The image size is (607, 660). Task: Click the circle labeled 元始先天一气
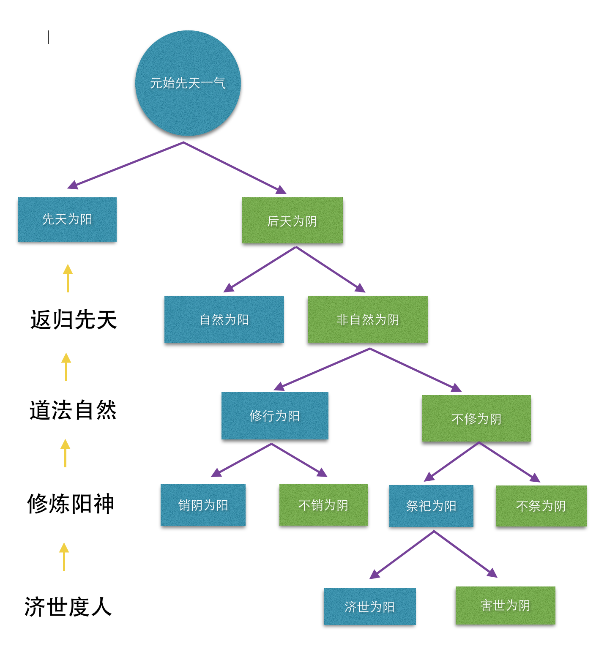(x=188, y=83)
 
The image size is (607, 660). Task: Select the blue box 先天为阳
(x=67, y=219)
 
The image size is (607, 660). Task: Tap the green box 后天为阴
(x=292, y=221)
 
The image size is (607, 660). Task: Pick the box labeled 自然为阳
(x=224, y=319)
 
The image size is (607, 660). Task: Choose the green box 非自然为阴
(x=368, y=319)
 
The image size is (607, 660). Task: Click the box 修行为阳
(x=275, y=416)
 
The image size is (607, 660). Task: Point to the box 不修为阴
(x=476, y=419)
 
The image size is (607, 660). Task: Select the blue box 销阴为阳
(x=203, y=505)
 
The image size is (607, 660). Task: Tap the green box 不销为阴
(x=323, y=505)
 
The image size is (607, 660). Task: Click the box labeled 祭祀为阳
(x=431, y=506)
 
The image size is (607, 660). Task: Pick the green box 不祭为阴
(x=541, y=506)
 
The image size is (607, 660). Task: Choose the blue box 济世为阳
(x=369, y=607)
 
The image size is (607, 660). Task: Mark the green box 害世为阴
(x=505, y=605)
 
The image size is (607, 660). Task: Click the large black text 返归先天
(x=74, y=319)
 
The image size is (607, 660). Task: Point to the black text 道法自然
(x=73, y=410)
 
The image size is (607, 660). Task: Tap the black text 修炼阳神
(x=71, y=504)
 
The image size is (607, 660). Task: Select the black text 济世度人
(x=68, y=607)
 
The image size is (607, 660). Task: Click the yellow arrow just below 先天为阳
(x=68, y=278)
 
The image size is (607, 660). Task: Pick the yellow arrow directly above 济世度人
(x=64, y=556)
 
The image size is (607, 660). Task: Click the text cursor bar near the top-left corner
(x=48, y=37)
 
